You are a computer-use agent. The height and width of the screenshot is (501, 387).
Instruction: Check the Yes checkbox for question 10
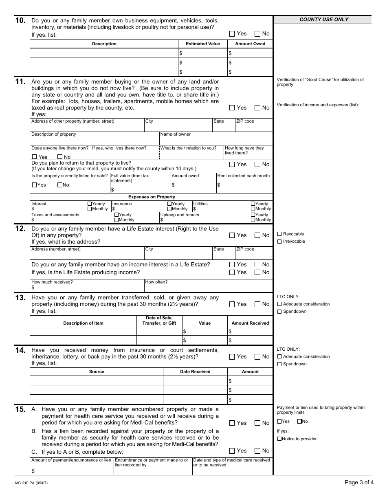pyautogui.click(x=232, y=34)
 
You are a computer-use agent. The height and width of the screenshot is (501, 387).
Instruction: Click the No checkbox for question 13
pyautogui.click(x=257, y=304)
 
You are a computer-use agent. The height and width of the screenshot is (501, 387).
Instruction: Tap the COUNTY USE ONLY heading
pyautogui.click(x=324, y=20)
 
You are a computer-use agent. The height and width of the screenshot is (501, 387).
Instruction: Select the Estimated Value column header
pyautogui.click(x=202, y=44)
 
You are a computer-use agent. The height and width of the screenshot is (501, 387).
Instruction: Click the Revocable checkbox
pyautogui.click(x=279, y=234)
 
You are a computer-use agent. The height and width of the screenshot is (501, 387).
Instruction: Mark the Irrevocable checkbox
pyautogui.click(x=279, y=242)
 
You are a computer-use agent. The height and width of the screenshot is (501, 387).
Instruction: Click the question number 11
pyautogui.click(x=20, y=81)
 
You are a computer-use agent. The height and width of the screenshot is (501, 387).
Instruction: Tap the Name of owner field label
pyautogui.click(x=175, y=134)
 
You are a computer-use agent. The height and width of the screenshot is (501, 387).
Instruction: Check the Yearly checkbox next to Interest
pyautogui.click(x=90, y=204)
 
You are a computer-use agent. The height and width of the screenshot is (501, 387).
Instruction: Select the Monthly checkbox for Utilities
pyautogui.click(x=253, y=209)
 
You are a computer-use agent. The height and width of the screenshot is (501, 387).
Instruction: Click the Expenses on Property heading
pyautogui.click(x=152, y=197)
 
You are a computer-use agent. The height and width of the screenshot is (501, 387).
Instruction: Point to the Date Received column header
pyautogui.click(x=195, y=372)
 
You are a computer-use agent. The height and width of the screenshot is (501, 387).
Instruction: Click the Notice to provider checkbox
pyautogui.click(x=279, y=439)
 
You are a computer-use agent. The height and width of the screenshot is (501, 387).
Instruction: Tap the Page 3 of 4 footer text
pyautogui.click(x=359, y=483)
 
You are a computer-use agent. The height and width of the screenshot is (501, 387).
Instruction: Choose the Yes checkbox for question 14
pyautogui.click(x=232, y=357)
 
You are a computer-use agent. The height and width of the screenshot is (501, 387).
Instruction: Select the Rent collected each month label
pyautogui.click(x=243, y=176)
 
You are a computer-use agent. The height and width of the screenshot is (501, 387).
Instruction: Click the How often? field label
pyautogui.click(x=156, y=282)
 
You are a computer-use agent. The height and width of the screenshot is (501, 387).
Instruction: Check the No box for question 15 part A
pyautogui.click(x=257, y=423)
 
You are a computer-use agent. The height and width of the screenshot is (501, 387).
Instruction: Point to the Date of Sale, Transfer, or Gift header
pyautogui.click(x=159, y=321)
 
